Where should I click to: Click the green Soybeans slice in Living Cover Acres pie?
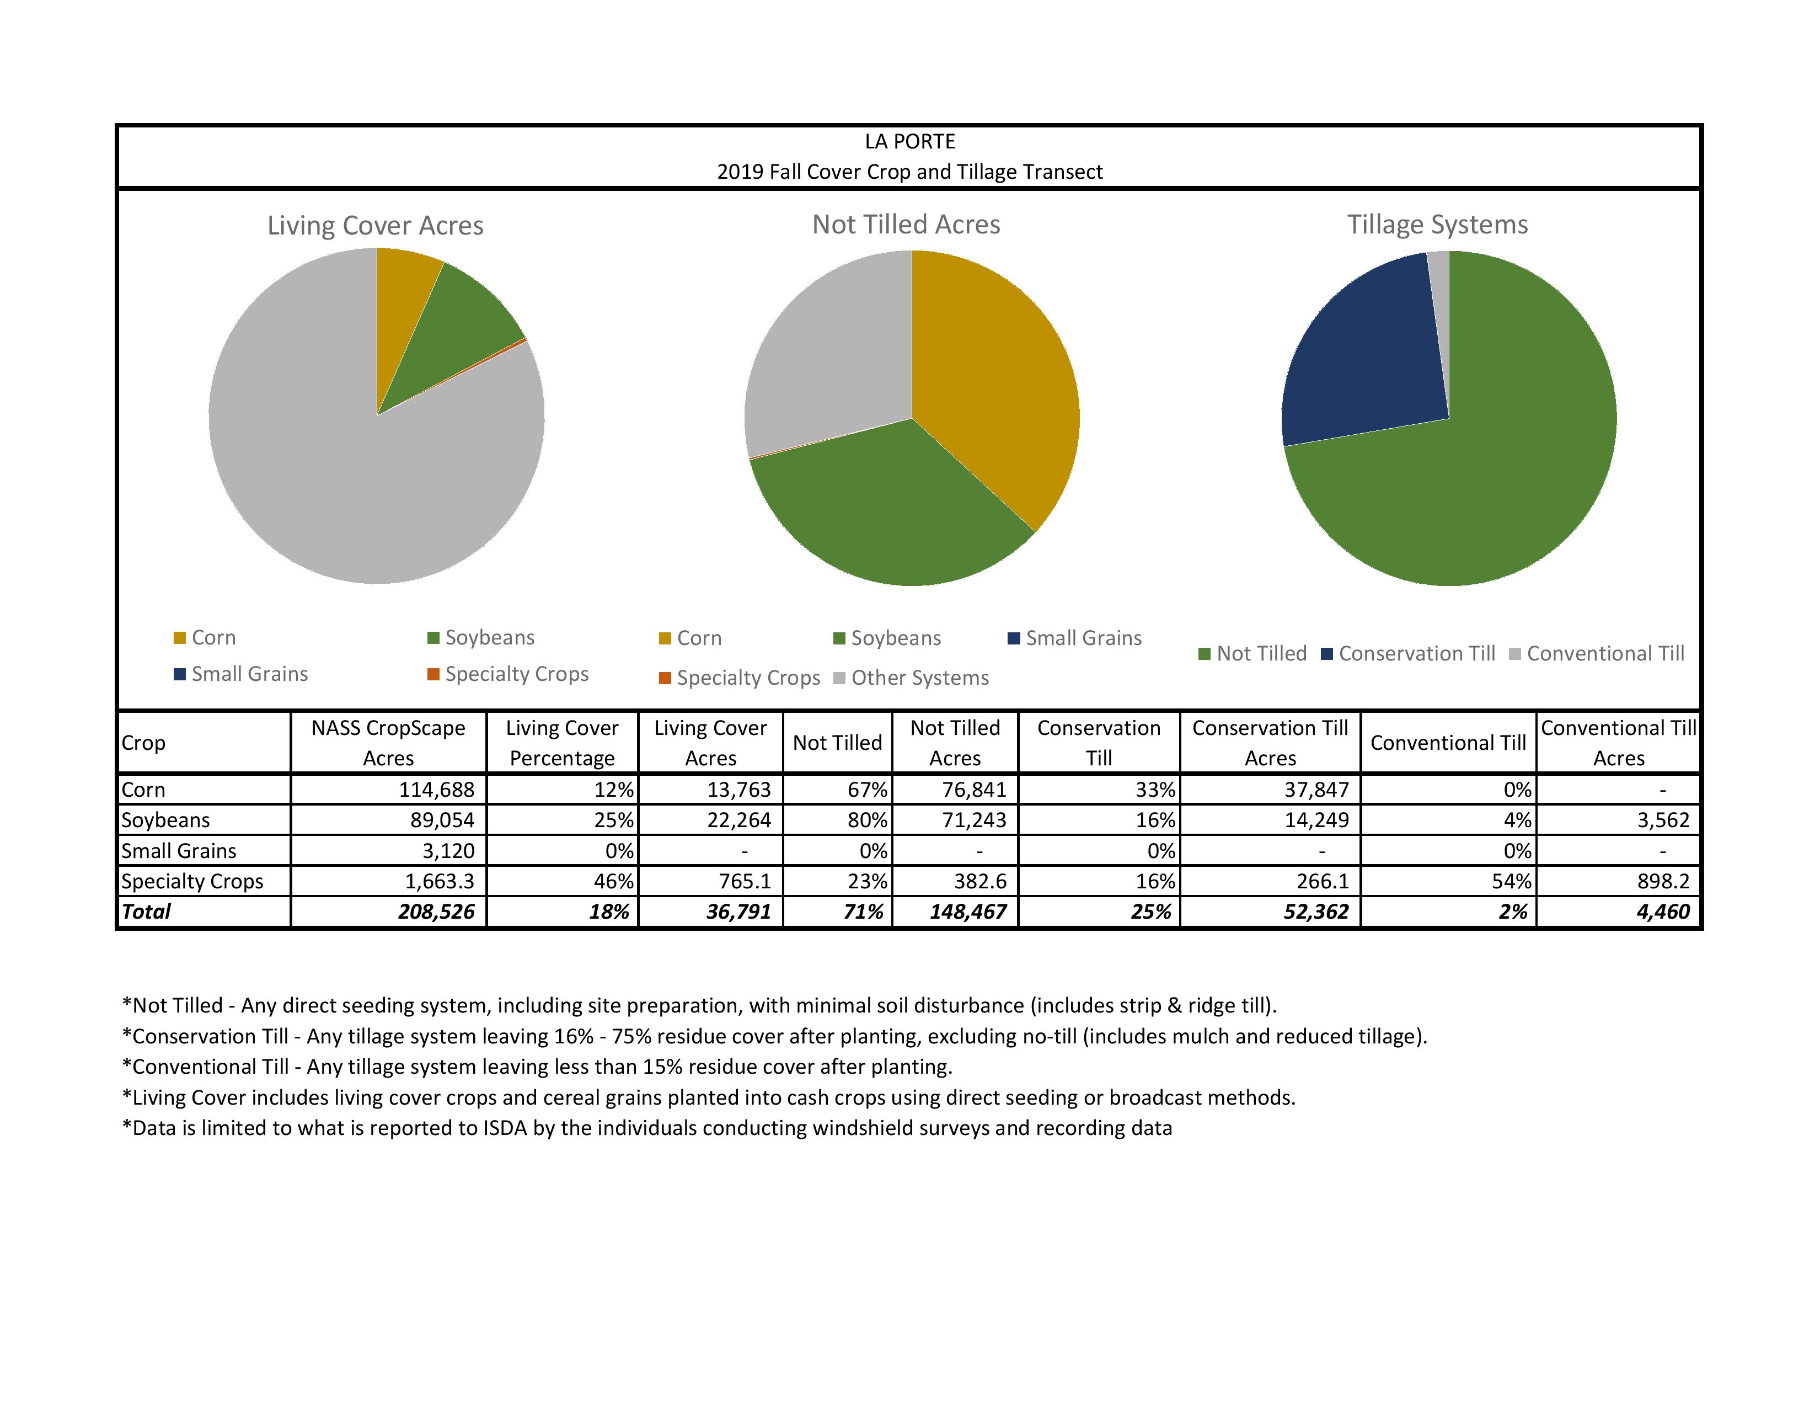pos(450,325)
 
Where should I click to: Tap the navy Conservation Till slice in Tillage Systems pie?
pos(1367,350)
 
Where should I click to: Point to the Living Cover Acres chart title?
pos(375,226)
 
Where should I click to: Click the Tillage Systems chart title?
pos(1437,225)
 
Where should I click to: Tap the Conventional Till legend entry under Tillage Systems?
pos(1605,653)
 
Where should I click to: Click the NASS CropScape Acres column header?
pos(388,743)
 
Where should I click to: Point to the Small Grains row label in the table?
pos(179,851)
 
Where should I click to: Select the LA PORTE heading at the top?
pos(910,142)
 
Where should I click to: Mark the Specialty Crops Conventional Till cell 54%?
pos(1511,881)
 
